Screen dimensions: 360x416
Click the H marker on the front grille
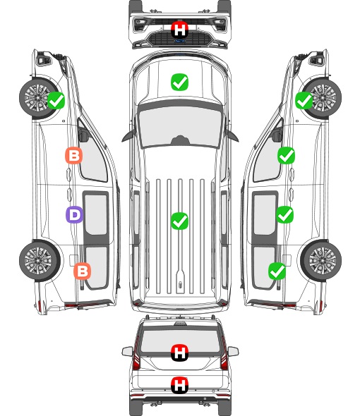coord(179,30)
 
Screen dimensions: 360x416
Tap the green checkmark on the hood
coord(179,82)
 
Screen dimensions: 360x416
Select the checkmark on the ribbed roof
coord(179,221)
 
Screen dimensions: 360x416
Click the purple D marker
coord(74,214)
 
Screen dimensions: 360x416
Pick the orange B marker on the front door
coord(73,155)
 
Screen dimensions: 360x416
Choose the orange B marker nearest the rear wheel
coord(82,271)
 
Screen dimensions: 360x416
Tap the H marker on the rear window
coord(179,353)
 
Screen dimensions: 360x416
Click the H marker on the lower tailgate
coord(179,385)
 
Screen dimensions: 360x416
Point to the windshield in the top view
coord(180,126)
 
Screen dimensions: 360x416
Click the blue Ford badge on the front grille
coord(180,41)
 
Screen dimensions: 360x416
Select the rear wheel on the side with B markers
coord(40,260)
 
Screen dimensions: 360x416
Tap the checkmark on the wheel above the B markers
coord(56,100)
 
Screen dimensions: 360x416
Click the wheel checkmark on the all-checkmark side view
coord(304,100)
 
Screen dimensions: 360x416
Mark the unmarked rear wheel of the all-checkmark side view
coord(321,260)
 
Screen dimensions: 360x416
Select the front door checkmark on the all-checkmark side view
coord(286,155)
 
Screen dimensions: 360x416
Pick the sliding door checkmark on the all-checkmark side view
coord(284,214)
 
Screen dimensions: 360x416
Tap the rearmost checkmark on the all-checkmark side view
coord(277,271)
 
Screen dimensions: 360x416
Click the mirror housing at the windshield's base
coord(180,140)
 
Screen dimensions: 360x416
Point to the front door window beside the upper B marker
coord(93,157)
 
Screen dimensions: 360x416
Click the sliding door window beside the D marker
coord(96,214)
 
